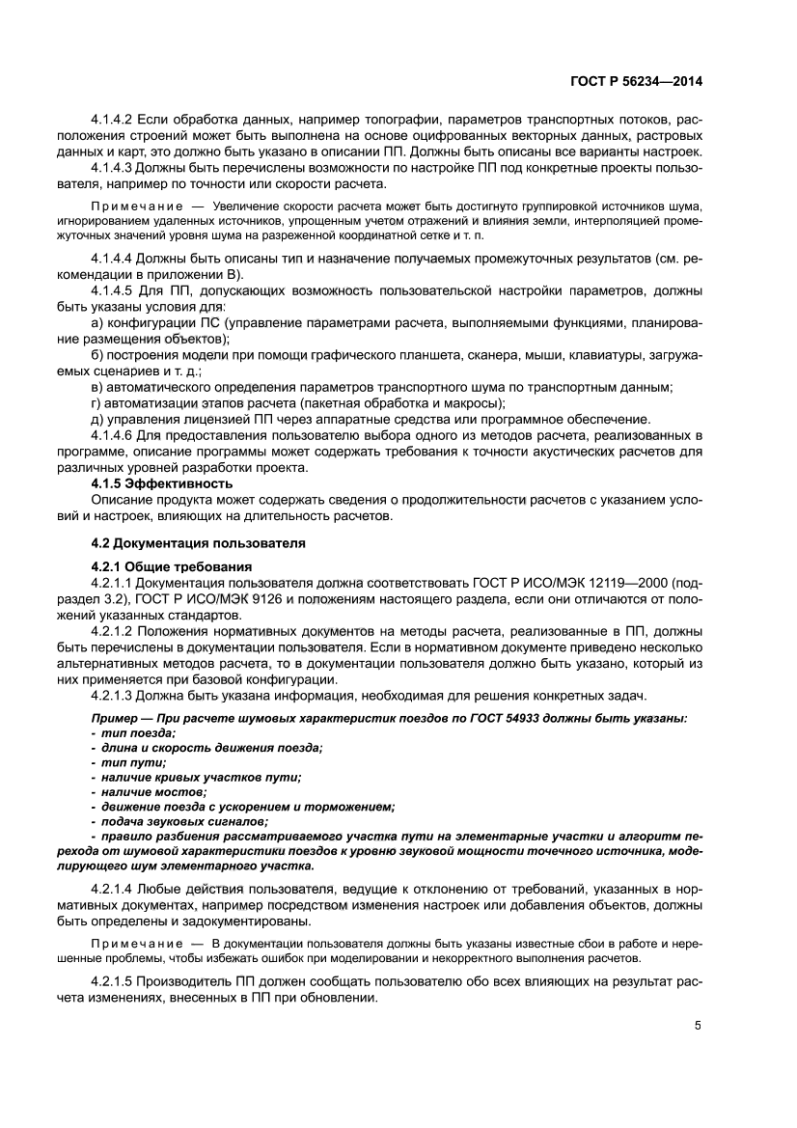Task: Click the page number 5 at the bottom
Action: [697, 1026]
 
